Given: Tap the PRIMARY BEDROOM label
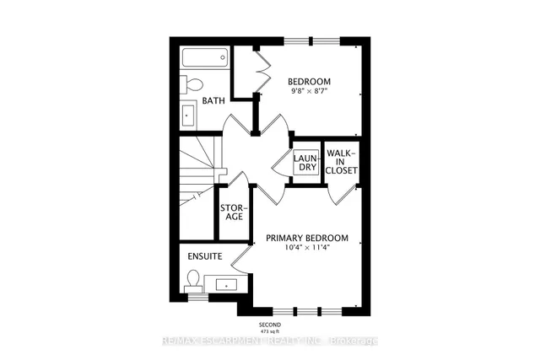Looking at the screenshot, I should [x=306, y=239].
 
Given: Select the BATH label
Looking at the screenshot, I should [x=213, y=101].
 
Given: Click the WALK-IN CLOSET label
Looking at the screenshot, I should [x=342, y=161].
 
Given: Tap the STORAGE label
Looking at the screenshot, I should [x=232, y=211].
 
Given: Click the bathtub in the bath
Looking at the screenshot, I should [x=204, y=61].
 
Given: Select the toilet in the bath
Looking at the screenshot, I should [x=192, y=84].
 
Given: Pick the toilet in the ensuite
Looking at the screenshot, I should [x=193, y=280].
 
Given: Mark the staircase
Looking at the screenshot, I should [x=197, y=173].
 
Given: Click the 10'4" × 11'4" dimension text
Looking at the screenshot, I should [x=306, y=249].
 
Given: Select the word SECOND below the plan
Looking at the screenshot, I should [x=270, y=325].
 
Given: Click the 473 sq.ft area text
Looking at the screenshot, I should [x=270, y=332].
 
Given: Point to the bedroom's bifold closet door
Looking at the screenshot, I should [x=260, y=72].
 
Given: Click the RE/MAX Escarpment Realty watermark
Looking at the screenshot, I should [x=270, y=341].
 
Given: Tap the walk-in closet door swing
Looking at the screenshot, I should [x=337, y=196].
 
